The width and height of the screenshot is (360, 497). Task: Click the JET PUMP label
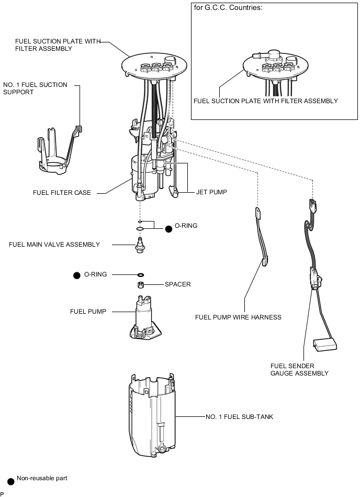click(211, 192)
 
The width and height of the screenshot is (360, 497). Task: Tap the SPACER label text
click(177, 284)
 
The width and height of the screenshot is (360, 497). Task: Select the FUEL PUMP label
click(88, 311)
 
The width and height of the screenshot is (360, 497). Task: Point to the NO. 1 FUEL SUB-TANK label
click(239, 417)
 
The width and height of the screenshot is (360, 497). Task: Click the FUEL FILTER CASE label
click(62, 192)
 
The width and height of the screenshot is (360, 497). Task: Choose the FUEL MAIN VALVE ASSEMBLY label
click(54, 245)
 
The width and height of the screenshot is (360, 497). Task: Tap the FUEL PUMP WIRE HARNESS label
click(238, 317)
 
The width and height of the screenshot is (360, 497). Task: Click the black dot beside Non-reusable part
click(11, 481)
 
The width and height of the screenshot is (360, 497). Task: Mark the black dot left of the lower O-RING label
click(76, 275)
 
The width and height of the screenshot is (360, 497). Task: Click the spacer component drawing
click(141, 284)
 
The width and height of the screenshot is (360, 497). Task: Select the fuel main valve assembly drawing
click(140, 245)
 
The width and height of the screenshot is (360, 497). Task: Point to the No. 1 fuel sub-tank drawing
click(152, 415)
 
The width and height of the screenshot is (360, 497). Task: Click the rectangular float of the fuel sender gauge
click(325, 345)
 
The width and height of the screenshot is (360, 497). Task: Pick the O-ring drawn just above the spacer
click(141, 274)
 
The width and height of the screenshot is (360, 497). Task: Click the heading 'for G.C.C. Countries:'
click(228, 8)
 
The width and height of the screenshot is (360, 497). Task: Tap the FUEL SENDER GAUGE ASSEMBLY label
click(299, 370)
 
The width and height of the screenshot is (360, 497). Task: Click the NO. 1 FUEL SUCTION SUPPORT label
click(35, 89)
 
